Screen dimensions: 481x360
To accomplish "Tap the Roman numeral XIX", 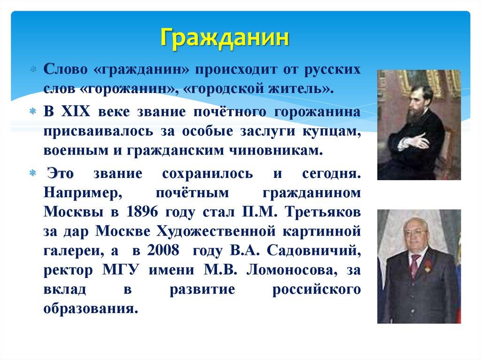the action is pos(76,112).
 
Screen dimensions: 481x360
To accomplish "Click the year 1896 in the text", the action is pos(142,212).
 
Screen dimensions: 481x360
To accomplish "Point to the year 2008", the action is pos(163,250).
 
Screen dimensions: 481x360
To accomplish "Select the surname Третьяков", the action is pos(323,212).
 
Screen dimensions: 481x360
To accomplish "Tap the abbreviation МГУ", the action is pos(121,270).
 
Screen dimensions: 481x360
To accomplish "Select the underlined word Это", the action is pos(61,174).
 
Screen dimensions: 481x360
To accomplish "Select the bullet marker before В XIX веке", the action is pos(33,111).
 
